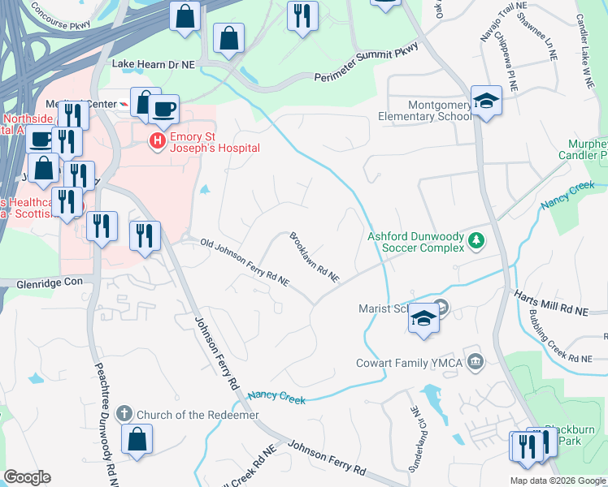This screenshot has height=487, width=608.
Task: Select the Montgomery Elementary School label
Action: click(x=424, y=110)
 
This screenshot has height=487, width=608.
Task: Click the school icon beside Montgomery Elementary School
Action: click(x=486, y=101)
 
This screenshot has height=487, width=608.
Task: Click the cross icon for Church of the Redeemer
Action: click(x=124, y=414)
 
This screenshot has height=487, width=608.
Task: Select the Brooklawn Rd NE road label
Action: click(x=314, y=257)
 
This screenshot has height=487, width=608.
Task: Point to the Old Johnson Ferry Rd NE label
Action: click(x=245, y=262)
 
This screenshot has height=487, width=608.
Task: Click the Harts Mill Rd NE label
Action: click(x=562, y=305)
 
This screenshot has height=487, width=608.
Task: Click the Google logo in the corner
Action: click(x=27, y=477)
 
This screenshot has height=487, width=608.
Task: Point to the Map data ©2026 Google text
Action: click(x=557, y=481)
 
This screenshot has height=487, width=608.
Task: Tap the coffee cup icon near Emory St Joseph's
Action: click(x=163, y=109)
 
